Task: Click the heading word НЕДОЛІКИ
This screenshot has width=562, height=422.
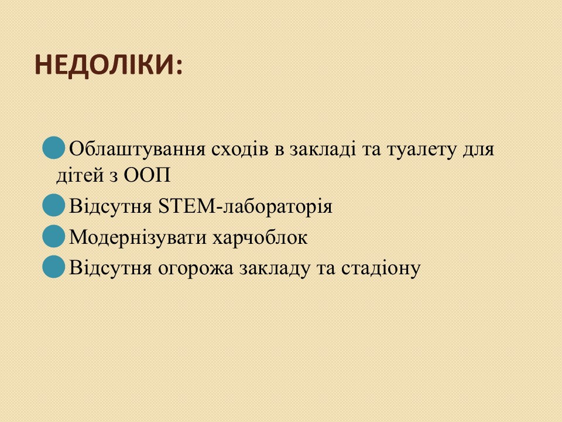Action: [x=105, y=65]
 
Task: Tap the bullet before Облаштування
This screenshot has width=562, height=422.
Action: [x=54, y=148]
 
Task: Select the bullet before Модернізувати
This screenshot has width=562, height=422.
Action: [x=54, y=236]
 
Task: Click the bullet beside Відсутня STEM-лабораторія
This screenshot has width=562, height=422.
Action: [x=54, y=205]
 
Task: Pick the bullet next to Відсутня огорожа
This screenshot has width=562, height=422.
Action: [x=54, y=266]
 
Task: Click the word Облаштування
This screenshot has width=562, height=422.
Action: [x=137, y=149]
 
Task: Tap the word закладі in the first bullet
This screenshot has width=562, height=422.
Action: [x=323, y=149]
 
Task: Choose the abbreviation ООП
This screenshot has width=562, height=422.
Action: [x=147, y=175]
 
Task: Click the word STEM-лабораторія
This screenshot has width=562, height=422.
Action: [x=245, y=206]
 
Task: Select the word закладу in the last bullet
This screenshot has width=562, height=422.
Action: [x=275, y=268]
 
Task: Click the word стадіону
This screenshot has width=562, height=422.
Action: [x=381, y=268]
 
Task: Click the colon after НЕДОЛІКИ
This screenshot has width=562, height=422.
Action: [x=179, y=66]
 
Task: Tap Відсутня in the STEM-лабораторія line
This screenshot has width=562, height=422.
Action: [x=111, y=206]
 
